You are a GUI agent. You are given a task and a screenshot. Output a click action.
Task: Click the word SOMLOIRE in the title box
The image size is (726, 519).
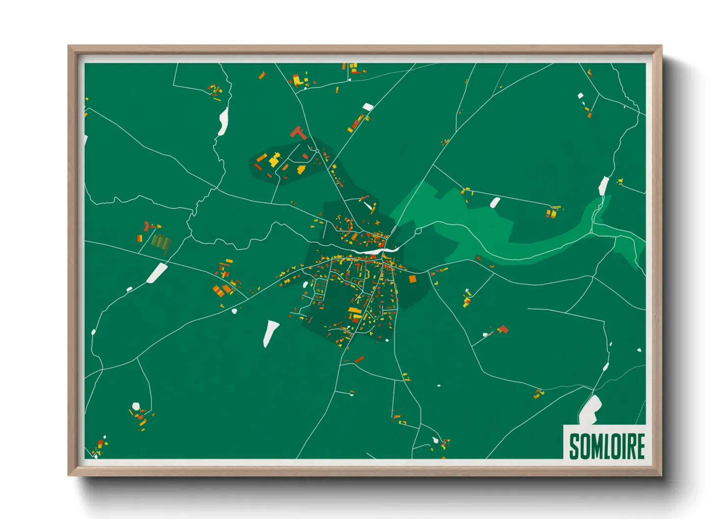tap(607, 446)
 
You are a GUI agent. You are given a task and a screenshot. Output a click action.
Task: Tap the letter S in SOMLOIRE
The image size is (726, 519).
tap(574, 446)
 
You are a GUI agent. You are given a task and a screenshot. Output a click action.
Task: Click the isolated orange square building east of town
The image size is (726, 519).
tap(413, 279)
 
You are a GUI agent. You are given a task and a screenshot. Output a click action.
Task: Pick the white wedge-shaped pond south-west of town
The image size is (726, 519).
tap(270, 332)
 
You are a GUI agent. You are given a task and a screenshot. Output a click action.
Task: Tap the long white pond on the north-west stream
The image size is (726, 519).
tap(224, 121)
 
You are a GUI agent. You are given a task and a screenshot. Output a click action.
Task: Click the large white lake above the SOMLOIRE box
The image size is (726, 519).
tap(591, 409)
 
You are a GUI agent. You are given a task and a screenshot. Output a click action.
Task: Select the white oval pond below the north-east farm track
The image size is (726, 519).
tap(495, 202)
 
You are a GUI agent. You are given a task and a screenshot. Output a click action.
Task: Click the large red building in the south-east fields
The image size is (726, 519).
tap(503, 329)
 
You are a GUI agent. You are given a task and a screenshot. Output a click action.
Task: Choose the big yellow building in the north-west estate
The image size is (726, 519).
tap(275, 159)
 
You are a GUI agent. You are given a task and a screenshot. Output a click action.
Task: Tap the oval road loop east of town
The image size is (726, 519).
tap(418, 231)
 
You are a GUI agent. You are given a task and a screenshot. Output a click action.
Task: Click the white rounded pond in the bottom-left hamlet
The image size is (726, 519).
tap(136, 406)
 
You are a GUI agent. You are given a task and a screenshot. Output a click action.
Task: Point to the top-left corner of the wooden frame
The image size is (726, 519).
tap(69, 47)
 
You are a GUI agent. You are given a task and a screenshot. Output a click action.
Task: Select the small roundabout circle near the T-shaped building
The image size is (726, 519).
tap(317, 151)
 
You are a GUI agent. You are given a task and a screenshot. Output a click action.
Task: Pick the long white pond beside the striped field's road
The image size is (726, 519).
tap(157, 273)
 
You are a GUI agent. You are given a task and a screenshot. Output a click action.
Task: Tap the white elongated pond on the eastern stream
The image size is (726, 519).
tap(603, 186)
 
